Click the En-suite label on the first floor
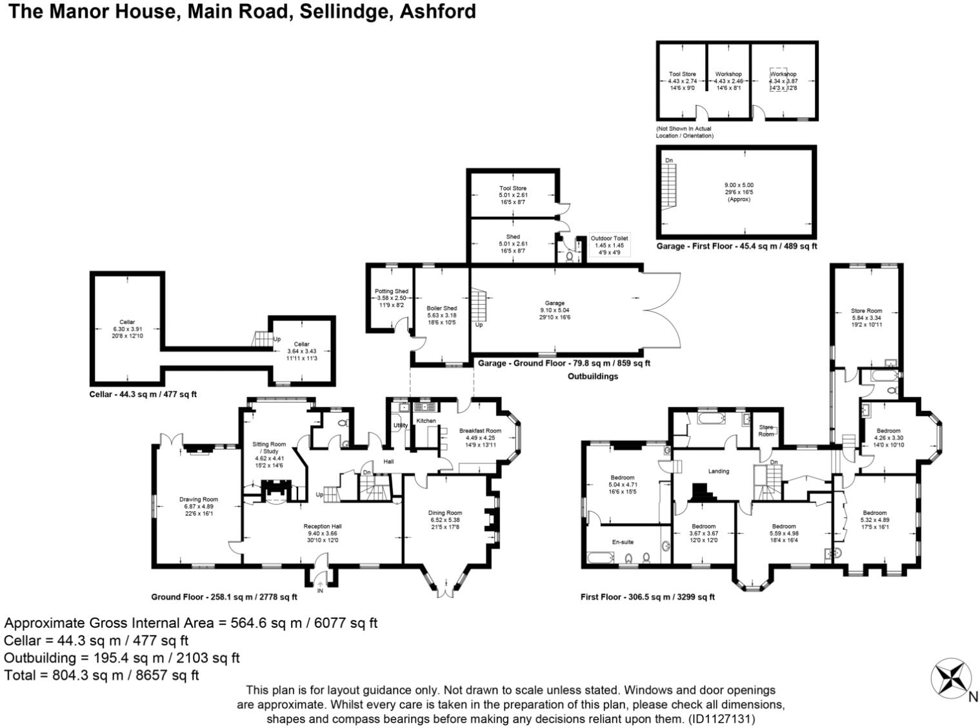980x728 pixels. [x=623, y=542]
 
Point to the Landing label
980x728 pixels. [x=718, y=471]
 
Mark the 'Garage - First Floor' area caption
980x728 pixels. [x=736, y=246]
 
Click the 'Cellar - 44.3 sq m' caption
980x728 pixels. [x=143, y=394]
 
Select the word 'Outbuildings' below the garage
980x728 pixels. [x=592, y=376]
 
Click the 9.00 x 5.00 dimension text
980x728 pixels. [x=739, y=185]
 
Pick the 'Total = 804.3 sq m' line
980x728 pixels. [x=101, y=675]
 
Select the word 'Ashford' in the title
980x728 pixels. [x=438, y=11]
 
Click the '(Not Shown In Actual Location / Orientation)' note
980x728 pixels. [x=684, y=132]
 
